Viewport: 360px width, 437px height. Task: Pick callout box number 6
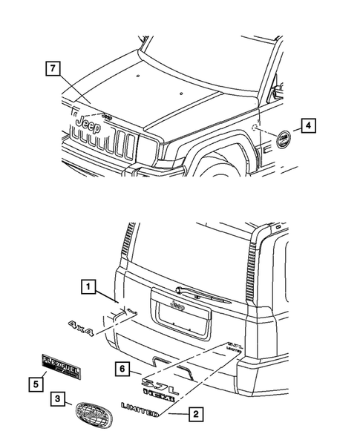point(125,367)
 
